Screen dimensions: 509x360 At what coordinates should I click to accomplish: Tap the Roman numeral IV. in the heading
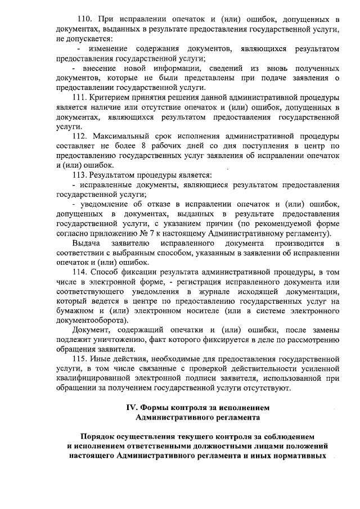(x=131, y=407)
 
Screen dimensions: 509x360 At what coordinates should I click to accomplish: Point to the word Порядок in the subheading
(x=101, y=436)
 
